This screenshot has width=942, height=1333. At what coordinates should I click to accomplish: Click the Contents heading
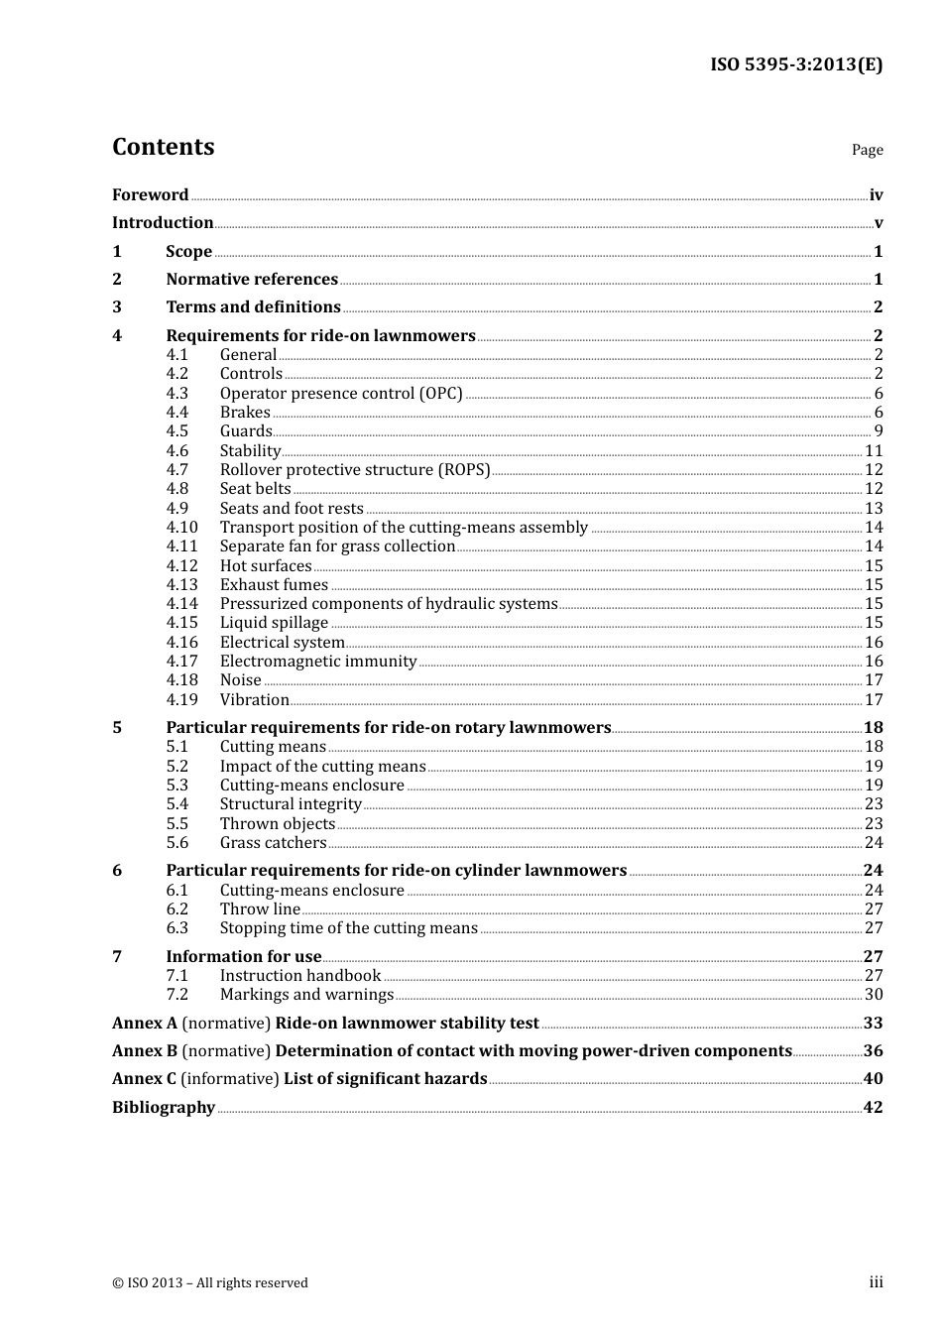pos(163,147)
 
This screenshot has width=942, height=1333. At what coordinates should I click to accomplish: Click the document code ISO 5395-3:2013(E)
pos(795,64)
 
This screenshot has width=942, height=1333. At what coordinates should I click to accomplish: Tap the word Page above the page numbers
pos(867,150)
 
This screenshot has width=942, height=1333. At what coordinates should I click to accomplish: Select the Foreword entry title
pos(150,195)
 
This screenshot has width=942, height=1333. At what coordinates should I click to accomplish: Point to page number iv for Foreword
pos(876,195)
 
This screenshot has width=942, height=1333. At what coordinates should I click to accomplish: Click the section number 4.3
pos(177,394)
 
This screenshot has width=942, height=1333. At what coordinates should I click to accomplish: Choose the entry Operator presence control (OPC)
pos(341,394)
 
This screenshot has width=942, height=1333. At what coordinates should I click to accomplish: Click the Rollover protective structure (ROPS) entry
pos(355,470)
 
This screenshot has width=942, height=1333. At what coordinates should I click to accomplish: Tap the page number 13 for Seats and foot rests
pos(874,509)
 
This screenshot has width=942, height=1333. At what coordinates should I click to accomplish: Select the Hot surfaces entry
pos(266,566)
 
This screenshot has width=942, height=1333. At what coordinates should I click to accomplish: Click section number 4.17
pos(181,662)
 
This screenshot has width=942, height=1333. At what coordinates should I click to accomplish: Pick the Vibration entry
pos(255,700)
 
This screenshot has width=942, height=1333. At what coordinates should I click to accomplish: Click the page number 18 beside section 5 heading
pos(873,728)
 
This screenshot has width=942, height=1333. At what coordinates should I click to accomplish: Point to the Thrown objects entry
pos(278,824)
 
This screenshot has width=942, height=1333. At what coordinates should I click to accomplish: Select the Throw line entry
pos(260,909)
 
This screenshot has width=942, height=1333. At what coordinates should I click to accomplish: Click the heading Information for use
pos(244,957)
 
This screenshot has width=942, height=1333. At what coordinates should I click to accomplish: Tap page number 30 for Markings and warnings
pos(874,995)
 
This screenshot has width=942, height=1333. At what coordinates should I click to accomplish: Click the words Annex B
pos(144,1051)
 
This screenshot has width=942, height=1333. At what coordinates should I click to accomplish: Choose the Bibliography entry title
pos(164,1108)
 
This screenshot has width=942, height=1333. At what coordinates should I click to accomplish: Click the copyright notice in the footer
pos(210,1283)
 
